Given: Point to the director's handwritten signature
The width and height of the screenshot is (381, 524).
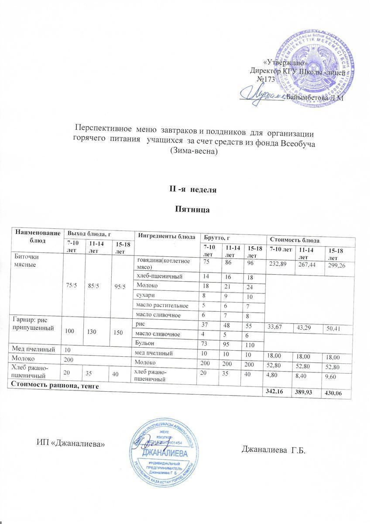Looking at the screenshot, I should pyautogui.click(x=262, y=94).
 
